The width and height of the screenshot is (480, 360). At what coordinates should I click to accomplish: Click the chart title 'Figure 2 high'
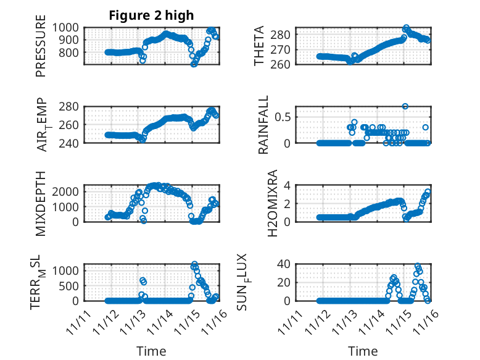(151, 15)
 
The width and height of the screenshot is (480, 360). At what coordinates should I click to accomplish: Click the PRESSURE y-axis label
(41, 50)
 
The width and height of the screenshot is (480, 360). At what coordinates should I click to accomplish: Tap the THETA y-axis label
(259, 46)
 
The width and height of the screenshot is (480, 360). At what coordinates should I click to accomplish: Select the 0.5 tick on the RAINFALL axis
(283, 117)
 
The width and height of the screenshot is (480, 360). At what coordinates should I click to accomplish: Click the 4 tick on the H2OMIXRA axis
(287, 185)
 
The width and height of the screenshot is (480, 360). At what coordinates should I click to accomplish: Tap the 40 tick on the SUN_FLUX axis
(284, 264)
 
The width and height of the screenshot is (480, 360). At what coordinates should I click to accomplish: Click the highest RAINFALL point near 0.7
(405, 106)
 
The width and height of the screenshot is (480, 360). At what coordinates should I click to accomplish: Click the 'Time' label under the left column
(151, 351)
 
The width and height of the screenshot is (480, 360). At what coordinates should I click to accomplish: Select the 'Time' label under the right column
(362, 351)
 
